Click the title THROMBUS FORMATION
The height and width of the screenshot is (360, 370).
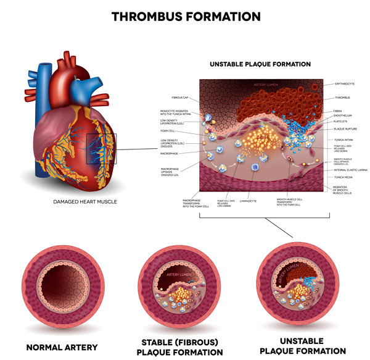[184, 17]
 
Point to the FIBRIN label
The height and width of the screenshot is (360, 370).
[337, 111]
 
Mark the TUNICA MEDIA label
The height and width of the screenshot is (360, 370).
[342, 177]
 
